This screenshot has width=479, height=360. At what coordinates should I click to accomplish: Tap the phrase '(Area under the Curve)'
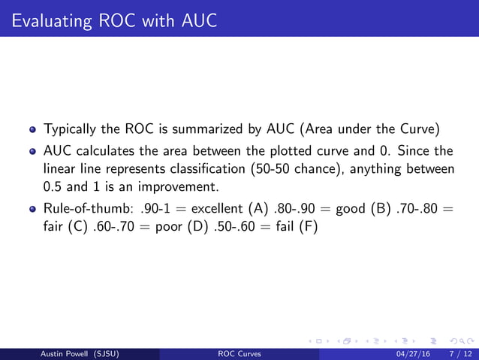pyautogui.click(x=376, y=129)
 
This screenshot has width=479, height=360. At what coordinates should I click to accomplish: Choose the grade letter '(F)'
pyautogui.click(x=309, y=226)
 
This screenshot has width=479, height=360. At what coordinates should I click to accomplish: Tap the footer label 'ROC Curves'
pyautogui.click(x=239, y=353)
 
